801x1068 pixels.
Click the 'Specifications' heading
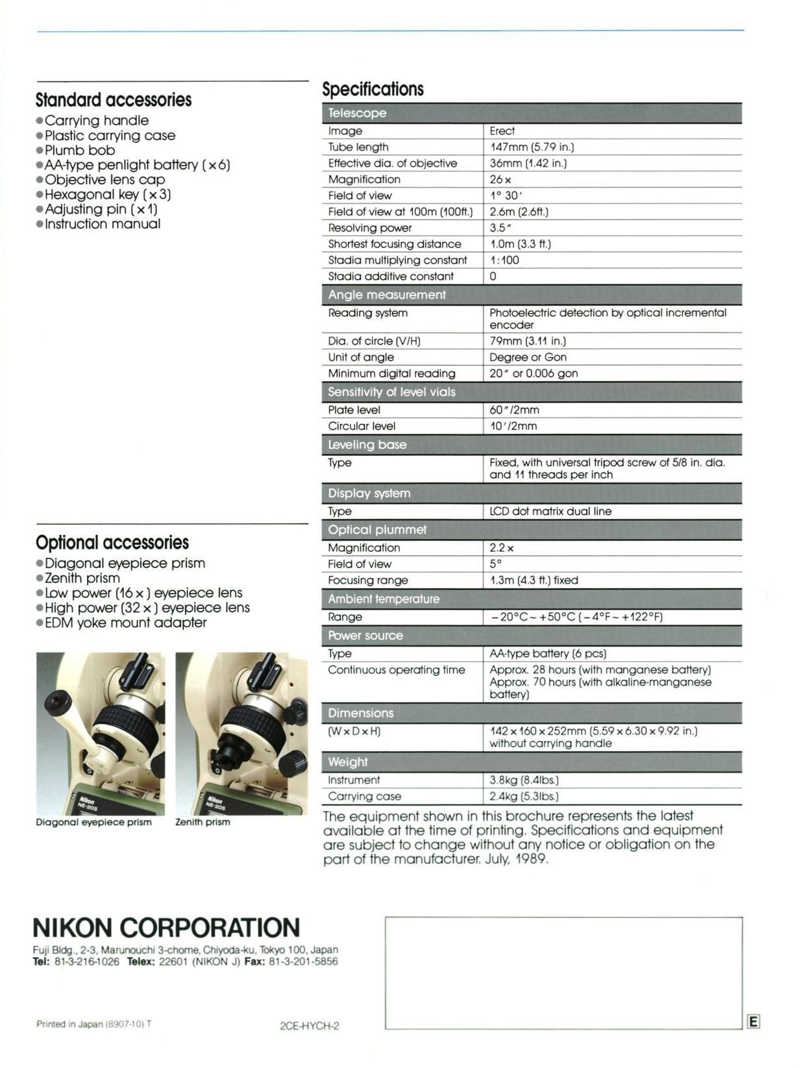click(373, 89)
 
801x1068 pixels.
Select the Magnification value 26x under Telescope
click(500, 179)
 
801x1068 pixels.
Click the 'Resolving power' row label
click(369, 228)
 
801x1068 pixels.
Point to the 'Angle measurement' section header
click(387, 295)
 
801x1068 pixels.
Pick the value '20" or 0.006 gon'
click(534, 373)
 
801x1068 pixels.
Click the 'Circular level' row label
click(362, 426)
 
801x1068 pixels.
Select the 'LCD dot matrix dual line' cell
click(550, 511)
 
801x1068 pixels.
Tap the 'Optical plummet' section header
click(377, 530)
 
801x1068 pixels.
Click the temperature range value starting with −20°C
click(576, 617)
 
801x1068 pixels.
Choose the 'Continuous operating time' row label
click(396, 670)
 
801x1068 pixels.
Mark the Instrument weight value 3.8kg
click(524, 780)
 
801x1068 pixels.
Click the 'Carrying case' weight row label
click(364, 796)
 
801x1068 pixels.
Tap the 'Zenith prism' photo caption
click(203, 822)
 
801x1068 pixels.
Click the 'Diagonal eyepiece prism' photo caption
click(93, 822)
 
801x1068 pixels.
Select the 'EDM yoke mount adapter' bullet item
click(125, 623)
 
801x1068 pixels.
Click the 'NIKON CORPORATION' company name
click(166, 927)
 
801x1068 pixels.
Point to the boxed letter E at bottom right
click(753, 1022)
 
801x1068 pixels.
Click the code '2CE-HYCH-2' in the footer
click(309, 1026)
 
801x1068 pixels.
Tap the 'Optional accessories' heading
click(112, 542)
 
